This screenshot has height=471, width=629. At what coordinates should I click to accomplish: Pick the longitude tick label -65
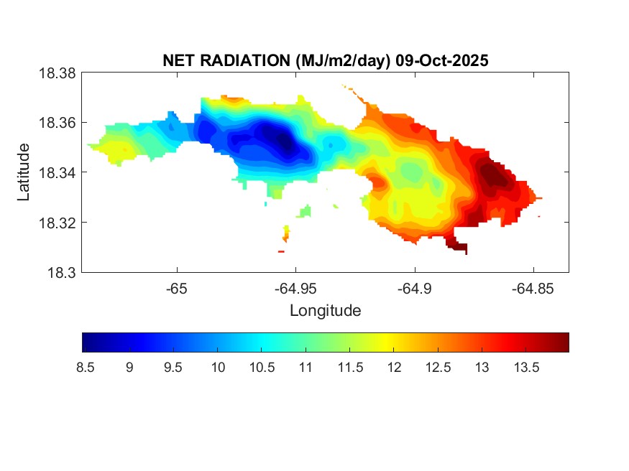click(x=177, y=289)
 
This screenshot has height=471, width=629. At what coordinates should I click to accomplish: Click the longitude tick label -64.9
click(x=414, y=289)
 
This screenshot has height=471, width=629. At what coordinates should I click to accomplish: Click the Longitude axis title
click(x=325, y=311)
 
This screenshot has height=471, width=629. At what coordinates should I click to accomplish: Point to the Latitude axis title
click(x=24, y=172)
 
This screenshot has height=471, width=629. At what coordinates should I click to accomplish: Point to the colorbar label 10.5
click(x=261, y=368)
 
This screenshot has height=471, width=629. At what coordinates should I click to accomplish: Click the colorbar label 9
click(x=129, y=368)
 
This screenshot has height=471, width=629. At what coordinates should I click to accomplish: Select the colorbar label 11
click(x=305, y=368)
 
